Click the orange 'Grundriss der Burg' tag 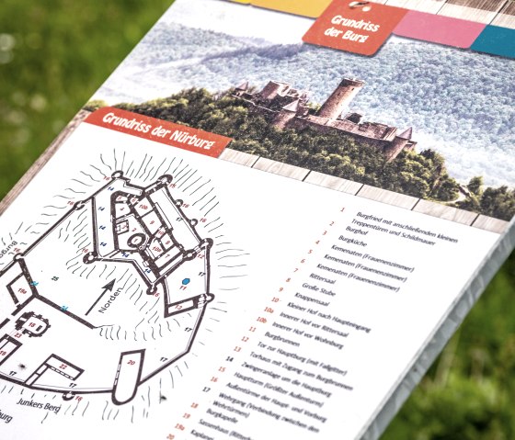coord(354,27)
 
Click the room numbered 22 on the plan coord(64,367)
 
